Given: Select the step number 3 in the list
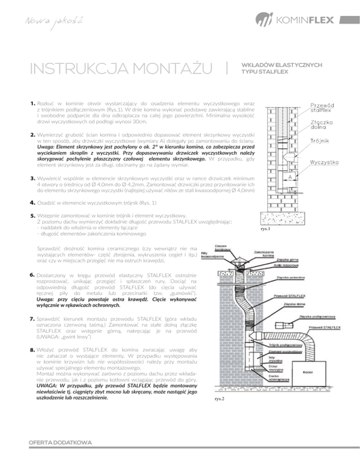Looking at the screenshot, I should point(33,178).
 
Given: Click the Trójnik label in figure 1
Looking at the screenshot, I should point(320,140).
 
